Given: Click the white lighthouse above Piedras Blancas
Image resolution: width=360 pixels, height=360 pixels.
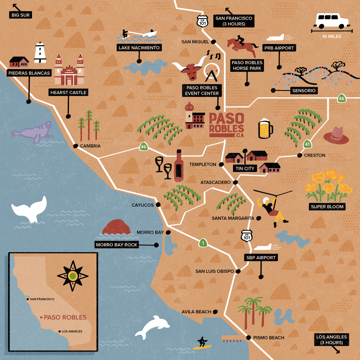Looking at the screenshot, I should (40, 53).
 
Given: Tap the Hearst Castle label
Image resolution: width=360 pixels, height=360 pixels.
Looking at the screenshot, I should (68, 93).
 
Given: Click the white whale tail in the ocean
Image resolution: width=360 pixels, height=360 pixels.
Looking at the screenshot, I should (30, 209).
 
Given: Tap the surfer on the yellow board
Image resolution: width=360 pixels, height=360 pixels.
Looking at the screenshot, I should (202, 343).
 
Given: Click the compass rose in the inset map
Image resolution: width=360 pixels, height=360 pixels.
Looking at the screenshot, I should (73, 276).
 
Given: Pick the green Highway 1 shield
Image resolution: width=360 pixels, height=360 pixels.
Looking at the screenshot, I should (202, 243).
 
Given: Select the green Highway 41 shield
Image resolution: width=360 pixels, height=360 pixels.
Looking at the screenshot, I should (307, 144).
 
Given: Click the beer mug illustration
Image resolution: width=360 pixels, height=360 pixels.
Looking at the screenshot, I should (265, 128).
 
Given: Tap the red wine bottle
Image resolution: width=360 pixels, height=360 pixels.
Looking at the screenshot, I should (179, 166).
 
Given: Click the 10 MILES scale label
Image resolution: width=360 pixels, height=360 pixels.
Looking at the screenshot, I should (332, 36).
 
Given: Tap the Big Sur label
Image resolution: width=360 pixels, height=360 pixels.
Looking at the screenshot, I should (20, 15).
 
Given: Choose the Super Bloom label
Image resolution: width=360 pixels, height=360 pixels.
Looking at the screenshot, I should (327, 207).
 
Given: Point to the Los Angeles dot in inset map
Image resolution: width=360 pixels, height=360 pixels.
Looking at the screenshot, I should (60, 331).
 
